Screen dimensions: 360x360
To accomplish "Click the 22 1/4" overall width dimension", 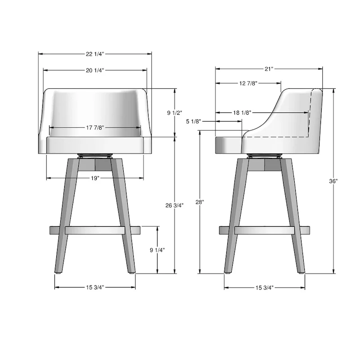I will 95,54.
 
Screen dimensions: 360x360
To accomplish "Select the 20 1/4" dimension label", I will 95,70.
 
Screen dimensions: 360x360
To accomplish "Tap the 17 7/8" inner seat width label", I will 95,128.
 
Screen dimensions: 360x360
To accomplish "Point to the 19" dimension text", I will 95,178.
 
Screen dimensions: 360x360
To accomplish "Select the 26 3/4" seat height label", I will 174,205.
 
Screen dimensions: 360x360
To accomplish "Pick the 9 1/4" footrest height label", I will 157,250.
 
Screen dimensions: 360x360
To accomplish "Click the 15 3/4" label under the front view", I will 95,288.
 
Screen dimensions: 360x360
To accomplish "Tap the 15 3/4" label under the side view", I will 265,288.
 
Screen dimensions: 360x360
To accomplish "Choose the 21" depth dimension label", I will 269,69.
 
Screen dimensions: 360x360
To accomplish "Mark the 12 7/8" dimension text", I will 248,83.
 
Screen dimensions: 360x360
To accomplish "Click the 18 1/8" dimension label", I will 242,112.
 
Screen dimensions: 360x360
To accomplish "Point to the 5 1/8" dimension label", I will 194,121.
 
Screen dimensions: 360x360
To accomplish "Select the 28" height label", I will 199,202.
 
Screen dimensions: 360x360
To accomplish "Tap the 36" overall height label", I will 333,181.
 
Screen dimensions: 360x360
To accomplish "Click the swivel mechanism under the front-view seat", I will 95,156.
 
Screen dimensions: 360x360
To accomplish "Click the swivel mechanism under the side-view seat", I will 265,156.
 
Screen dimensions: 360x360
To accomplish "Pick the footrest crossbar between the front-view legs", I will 95,230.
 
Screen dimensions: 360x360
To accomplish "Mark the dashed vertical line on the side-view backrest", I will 310,112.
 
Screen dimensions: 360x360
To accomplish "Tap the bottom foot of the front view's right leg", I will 131,271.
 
